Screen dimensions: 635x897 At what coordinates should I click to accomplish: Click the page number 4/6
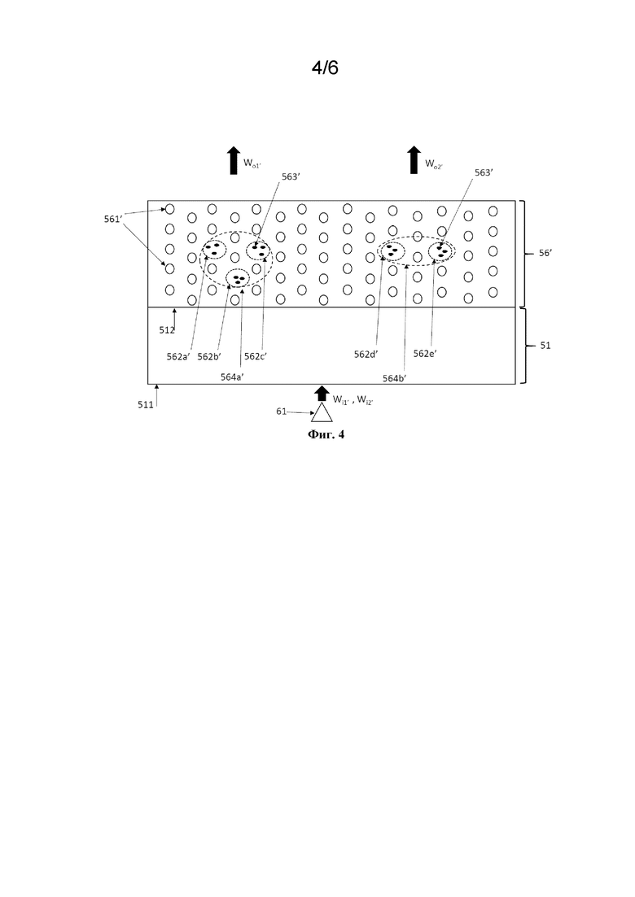[325, 68]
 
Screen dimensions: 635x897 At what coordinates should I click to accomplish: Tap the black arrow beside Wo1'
[233, 160]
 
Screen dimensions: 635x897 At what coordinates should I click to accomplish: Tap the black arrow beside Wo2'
[414, 160]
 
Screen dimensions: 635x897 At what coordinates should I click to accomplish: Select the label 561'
[113, 219]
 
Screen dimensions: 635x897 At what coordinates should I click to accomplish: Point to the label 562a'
[178, 356]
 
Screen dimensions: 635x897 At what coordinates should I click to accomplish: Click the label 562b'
[209, 356]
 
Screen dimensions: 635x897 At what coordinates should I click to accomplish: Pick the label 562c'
[256, 356]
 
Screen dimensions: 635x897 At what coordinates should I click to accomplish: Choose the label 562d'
[366, 354]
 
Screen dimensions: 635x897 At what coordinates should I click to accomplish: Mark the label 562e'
[425, 354]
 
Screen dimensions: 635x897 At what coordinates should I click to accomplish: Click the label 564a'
[233, 377]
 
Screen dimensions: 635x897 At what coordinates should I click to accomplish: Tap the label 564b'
[395, 378]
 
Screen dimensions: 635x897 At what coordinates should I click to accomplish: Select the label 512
[167, 330]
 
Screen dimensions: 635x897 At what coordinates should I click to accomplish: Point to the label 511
[146, 405]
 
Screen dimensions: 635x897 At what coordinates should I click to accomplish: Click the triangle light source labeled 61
[322, 412]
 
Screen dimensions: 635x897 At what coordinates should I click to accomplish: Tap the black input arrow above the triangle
[322, 393]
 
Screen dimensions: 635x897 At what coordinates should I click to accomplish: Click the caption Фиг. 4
[326, 434]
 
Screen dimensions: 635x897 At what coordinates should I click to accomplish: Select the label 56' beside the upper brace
[545, 252]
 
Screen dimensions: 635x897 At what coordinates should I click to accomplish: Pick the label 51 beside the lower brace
[545, 346]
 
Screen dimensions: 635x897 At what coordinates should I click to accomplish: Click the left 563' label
[291, 176]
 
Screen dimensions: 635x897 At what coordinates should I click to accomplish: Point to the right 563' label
[484, 172]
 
